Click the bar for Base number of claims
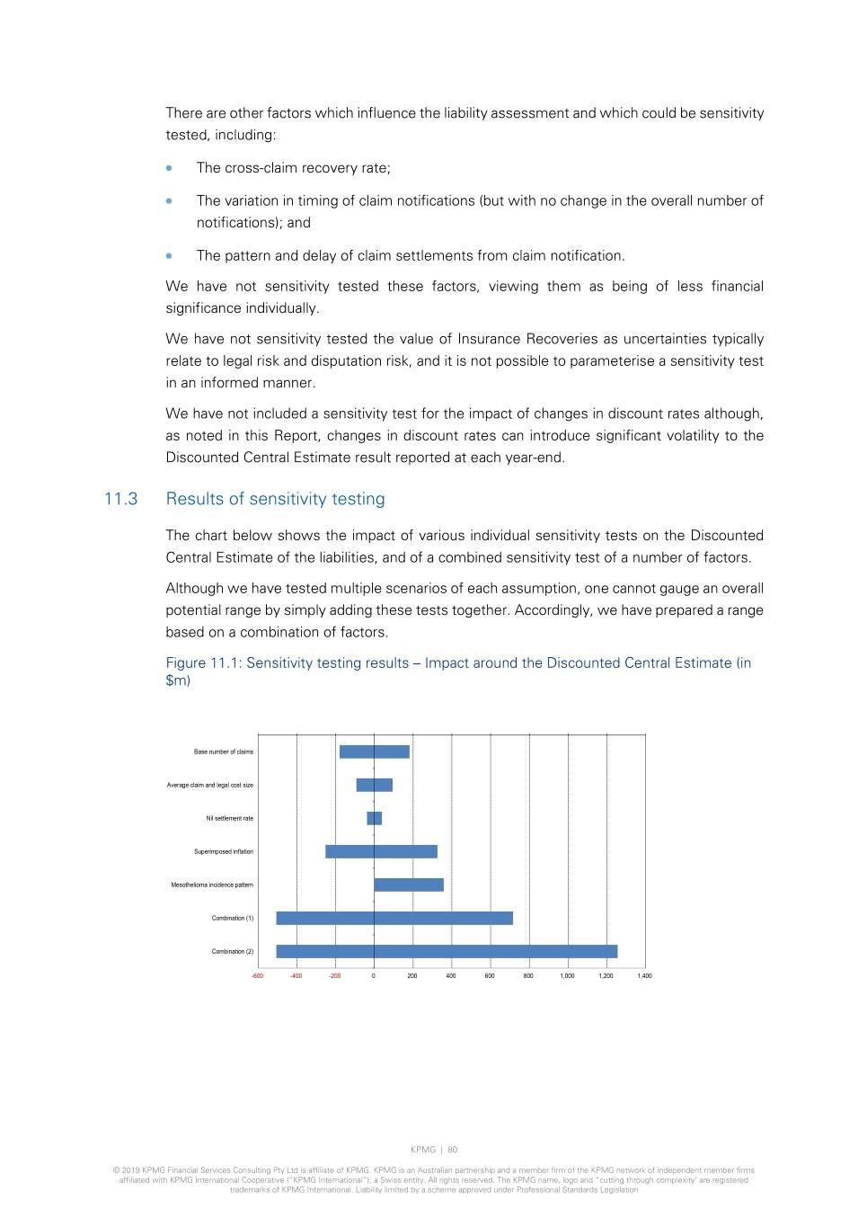point(374,751)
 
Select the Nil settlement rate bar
point(374,818)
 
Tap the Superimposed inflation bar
point(381,851)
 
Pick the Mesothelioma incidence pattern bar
point(409,885)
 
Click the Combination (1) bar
point(394,918)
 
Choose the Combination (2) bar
point(447,951)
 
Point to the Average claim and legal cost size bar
point(374,785)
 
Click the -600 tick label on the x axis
point(258,975)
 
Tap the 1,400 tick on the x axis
point(644,975)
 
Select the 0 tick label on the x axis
point(374,975)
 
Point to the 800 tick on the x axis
point(528,975)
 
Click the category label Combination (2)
point(233,951)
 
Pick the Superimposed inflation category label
point(224,851)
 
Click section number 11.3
point(120,499)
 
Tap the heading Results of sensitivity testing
point(275,499)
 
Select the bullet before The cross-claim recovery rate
point(169,167)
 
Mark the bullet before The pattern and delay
point(169,255)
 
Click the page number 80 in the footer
point(453,1150)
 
